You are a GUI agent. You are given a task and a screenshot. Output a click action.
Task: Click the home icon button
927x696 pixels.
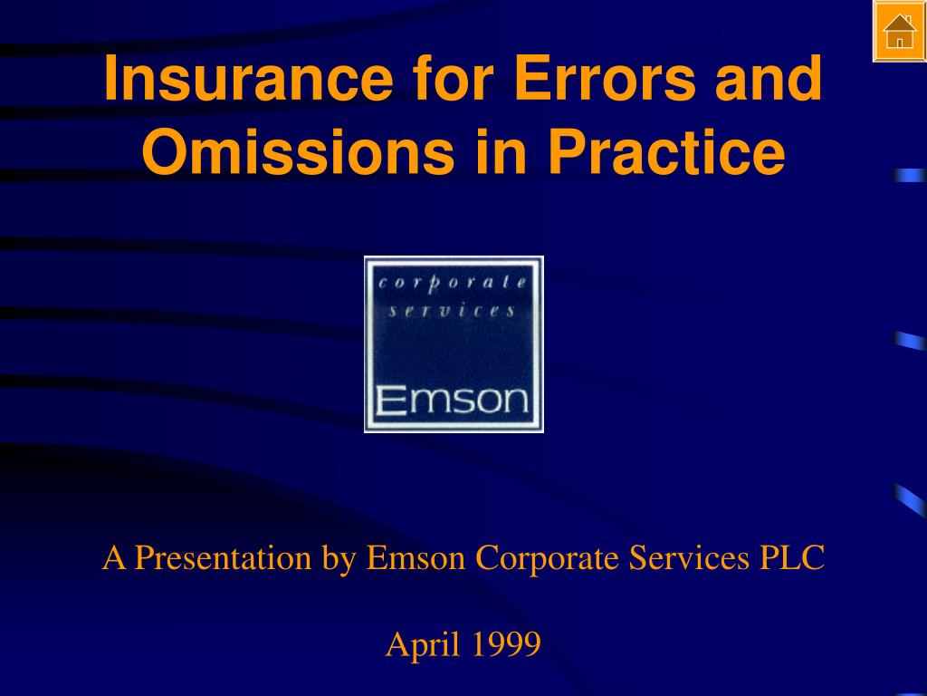[x=899, y=32]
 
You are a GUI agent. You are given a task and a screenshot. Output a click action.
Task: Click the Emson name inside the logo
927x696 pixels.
[x=453, y=400]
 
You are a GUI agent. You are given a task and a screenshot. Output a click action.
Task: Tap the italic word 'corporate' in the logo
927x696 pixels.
[x=453, y=283]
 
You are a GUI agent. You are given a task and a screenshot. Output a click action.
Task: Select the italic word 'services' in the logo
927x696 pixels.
[x=453, y=311]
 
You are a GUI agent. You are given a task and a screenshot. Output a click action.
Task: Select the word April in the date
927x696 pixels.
[x=417, y=645]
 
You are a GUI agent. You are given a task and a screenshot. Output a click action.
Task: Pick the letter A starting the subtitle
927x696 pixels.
[x=113, y=558]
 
